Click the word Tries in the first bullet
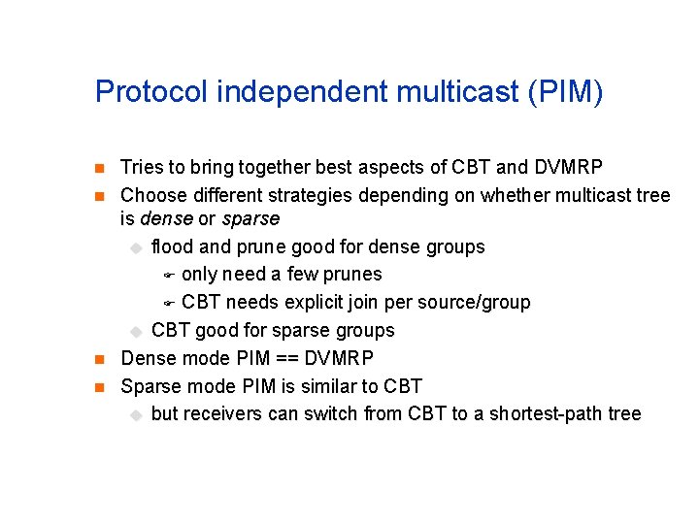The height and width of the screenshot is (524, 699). [141, 168]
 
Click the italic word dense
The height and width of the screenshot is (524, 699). [166, 219]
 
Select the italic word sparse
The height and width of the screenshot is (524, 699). [250, 219]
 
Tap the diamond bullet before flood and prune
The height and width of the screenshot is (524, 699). [136, 248]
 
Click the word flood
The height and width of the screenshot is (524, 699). [173, 246]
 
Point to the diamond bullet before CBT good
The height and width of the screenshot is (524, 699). [136, 332]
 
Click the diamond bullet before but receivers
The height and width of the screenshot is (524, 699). [136, 415]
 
